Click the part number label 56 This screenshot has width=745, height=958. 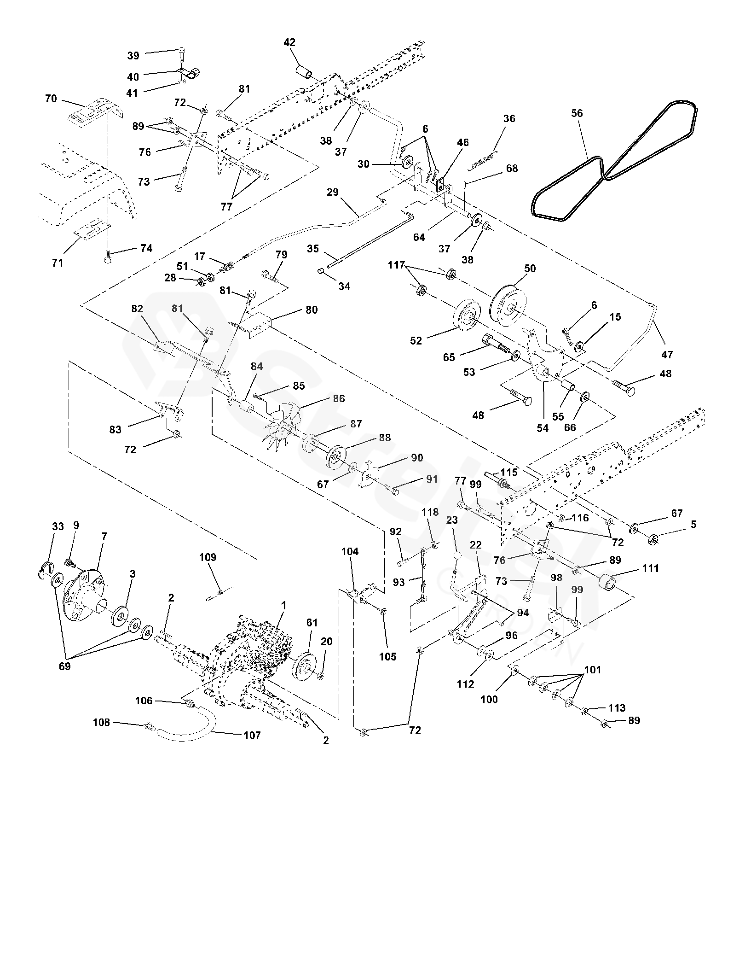tap(577, 113)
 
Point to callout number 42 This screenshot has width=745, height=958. tap(289, 42)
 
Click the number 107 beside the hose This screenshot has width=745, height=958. tap(252, 736)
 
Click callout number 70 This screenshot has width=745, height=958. tap(51, 98)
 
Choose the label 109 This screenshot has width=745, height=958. tap(208, 557)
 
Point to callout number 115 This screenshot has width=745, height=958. tap(509, 472)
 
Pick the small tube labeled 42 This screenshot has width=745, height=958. tap(304, 72)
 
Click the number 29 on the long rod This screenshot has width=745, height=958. tap(333, 192)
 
